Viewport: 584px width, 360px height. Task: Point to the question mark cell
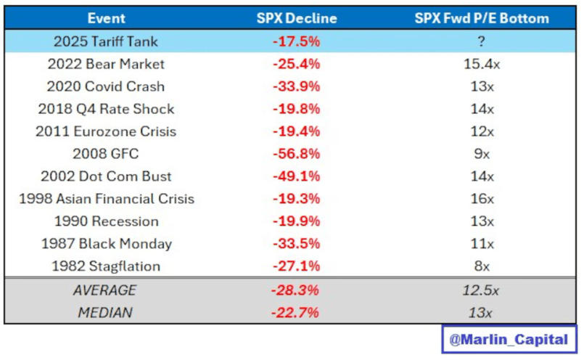(482, 41)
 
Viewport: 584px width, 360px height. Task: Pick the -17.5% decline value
(296, 41)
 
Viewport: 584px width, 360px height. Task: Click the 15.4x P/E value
(482, 64)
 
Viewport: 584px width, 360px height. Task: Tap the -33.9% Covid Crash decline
(296, 86)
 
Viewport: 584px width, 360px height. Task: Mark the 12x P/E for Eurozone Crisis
(482, 131)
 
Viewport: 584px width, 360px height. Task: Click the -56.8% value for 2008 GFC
(296, 154)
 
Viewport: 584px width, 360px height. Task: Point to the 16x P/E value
(482, 199)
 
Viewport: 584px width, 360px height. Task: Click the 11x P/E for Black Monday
(482, 244)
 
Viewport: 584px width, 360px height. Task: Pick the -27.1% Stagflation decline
(296, 266)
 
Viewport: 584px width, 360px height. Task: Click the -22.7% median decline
(296, 312)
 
